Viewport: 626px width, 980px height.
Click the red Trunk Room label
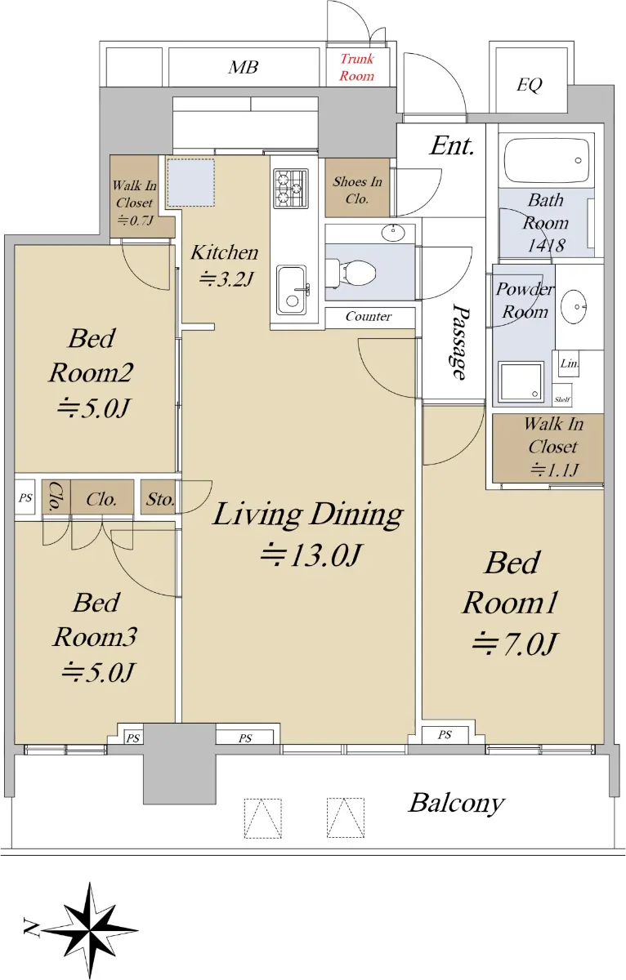point(357,67)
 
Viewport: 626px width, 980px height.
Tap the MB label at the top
point(243,67)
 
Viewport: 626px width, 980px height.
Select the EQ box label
point(530,84)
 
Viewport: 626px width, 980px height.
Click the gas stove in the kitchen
point(291,189)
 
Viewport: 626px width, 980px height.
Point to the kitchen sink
point(291,290)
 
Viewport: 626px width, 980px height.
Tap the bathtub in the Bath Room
point(547,160)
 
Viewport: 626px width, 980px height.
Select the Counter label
point(369,316)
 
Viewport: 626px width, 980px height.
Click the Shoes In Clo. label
point(357,189)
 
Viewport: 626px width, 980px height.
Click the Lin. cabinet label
point(570,363)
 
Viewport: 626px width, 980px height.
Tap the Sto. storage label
point(160,499)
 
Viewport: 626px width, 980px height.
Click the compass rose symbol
point(89,930)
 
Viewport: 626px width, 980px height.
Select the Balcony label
point(457,804)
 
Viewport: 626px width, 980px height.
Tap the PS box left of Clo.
point(25,498)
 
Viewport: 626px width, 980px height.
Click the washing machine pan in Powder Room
point(521,382)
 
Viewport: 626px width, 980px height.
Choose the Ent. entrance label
point(452,145)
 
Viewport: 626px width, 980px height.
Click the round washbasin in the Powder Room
point(574,307)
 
